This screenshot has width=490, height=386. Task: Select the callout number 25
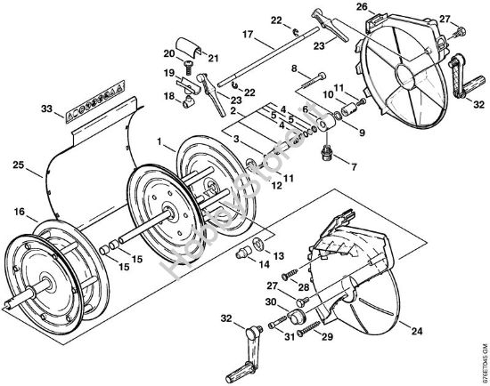[x=18, y=165]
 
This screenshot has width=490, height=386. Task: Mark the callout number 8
[x=294, y=68]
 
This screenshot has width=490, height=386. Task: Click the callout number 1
[x=160, y=141]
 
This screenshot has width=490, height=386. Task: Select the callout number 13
[x=278, y=254]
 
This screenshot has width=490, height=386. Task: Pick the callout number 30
[x=271, y=302]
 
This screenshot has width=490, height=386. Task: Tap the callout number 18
[x=167, y=94]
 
